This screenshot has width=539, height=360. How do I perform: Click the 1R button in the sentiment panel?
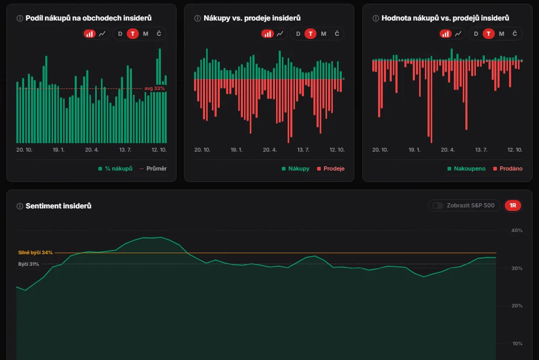[513, 205]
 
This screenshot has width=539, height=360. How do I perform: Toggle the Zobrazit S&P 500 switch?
[438, 205]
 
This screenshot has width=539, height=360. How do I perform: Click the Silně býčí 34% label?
[35, 253]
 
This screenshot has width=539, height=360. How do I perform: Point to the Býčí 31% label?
[28, 264]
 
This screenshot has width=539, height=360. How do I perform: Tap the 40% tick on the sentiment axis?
[517, 231]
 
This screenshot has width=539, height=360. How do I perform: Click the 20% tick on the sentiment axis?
[517, 306]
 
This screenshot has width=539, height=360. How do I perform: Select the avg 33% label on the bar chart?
[155, 88]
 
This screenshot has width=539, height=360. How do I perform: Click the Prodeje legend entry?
[331, 168]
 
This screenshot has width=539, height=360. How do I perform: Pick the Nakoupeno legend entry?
[466, 168]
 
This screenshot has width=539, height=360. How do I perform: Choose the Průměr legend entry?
[154, 168]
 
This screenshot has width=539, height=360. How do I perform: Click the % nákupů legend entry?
[115, 168]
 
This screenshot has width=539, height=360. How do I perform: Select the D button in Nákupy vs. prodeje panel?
[298, 34]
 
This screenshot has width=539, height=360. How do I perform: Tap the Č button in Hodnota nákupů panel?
[515, 34]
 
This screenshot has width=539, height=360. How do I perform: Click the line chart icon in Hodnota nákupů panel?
[458, 34]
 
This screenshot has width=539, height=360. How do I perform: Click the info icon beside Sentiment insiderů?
[20, 206]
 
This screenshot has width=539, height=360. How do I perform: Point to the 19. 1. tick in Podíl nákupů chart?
[58, 149]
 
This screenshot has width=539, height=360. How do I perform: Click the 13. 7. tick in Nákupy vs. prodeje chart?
[303, 149]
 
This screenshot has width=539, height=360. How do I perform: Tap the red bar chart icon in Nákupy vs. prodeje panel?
[268, 34]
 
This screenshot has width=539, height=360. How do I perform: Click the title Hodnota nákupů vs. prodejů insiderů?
[445, 18]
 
